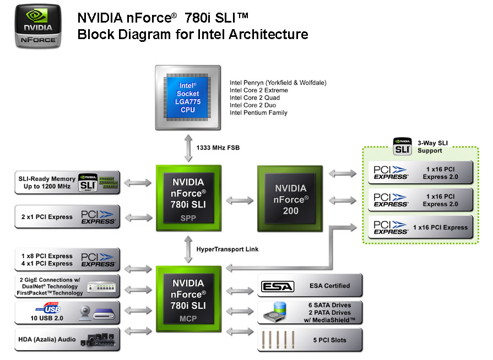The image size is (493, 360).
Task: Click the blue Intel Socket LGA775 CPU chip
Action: tap(188, 98)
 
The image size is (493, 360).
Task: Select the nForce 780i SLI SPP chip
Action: tap(188, 197)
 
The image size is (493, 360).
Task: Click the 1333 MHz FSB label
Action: tap(218, 148)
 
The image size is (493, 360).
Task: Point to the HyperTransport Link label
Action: tap(227, 249)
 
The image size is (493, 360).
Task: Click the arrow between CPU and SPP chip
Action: tap(188, 148)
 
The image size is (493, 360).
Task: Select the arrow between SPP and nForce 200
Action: tap(240, 200)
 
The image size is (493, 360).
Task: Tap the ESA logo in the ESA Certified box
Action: tap(277, 286)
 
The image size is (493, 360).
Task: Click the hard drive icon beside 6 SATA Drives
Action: tap(277, 312)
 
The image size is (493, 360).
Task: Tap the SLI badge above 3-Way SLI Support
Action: tap(403, 146)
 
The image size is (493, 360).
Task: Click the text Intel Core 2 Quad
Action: tap(254, 98)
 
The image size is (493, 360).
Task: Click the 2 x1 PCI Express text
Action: tap(47, 217)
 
